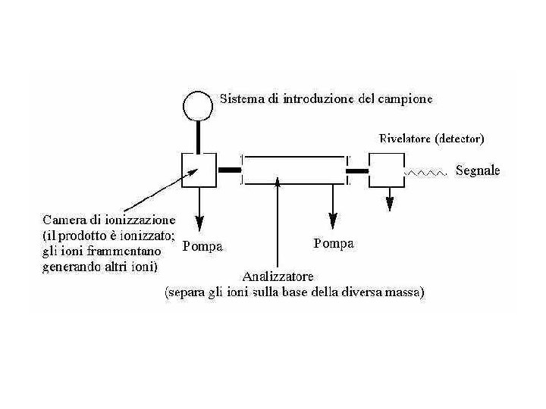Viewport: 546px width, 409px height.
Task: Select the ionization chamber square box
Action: point(198,170)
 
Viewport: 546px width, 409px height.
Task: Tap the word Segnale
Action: point(478,171)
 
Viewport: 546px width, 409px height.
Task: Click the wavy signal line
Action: point(428,173)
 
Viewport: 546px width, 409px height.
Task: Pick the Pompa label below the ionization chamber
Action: point(203,245)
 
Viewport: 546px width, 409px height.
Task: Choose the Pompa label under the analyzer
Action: point(333,244)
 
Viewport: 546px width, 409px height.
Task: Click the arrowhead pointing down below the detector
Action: point(390,203)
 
